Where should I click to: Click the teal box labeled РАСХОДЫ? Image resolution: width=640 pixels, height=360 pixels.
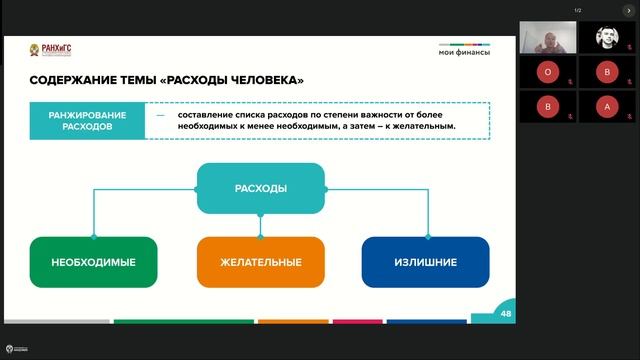[x=260, y=188]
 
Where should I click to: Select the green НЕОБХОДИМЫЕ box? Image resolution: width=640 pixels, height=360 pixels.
[x=93, y=262]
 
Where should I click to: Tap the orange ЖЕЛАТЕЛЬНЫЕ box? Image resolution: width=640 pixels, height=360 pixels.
[x=260, y=262]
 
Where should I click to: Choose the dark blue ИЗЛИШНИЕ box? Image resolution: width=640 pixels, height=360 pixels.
[x=425, y=262]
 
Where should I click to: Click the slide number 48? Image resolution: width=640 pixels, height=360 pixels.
[x=506, y=313]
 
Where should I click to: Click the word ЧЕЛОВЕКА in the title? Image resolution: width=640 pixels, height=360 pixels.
[x=261, y=80]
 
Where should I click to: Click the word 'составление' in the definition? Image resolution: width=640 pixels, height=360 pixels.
[x=205, y=114]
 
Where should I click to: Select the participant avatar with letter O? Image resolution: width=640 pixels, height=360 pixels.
[x=546, y=72]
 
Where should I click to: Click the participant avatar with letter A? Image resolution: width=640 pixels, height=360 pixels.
[x=606, y=106]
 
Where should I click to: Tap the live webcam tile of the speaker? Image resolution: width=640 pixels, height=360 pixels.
[x=546, y=38]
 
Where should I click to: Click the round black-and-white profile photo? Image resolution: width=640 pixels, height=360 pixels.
[x=606, y=38]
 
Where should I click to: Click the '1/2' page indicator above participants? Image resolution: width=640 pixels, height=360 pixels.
[x=577, y=10]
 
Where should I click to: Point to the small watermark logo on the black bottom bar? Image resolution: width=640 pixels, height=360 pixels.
[x=11, y=349]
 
